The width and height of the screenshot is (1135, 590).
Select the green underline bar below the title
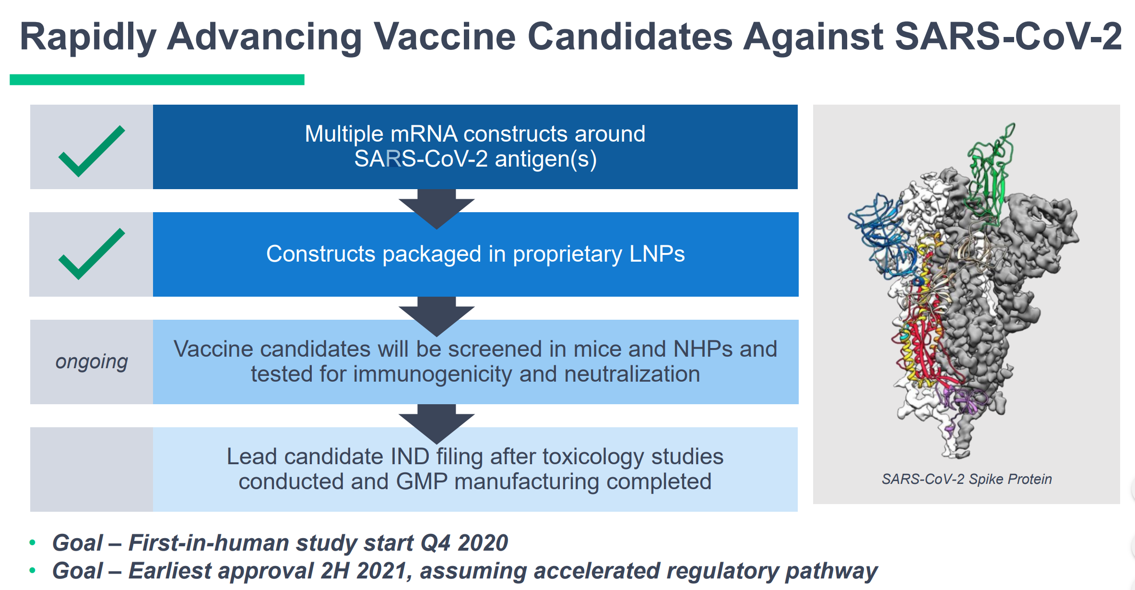157,80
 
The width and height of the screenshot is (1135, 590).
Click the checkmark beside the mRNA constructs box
92,151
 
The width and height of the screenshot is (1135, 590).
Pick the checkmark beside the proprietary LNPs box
92,254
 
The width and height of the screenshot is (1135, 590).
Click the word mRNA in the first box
424,134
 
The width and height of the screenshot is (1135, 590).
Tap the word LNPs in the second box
657,254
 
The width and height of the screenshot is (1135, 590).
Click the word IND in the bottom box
410,457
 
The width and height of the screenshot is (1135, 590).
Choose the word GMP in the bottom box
422,482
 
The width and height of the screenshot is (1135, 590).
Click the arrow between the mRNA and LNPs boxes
437,209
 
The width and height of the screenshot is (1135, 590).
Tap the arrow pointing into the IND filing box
437,424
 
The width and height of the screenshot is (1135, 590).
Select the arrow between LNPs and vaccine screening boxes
437,316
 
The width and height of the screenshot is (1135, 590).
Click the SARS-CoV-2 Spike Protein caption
967,479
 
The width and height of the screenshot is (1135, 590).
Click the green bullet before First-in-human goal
33,542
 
